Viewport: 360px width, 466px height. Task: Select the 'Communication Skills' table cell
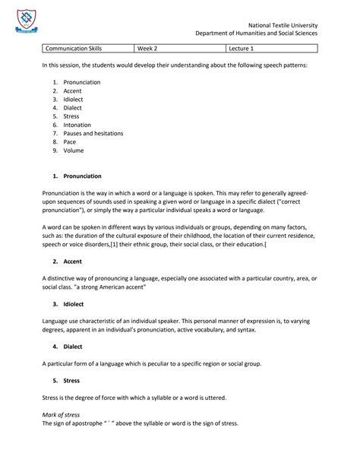click(x=74, y=49)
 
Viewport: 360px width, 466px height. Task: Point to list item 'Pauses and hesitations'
click(x=93, y=133)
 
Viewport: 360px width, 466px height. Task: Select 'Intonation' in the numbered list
click(x=77, y=125)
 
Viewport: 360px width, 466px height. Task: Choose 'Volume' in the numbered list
click(x=74, y=151)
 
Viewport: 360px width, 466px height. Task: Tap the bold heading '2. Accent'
click(x=67, y=261)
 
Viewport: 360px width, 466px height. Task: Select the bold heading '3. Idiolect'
click(x=68, y=303)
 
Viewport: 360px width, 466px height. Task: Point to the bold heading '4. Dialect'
click(x=68, y=346)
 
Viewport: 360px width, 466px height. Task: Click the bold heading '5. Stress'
click(x=66, y=379)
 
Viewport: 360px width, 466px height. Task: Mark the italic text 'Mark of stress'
click(x=65, y=414)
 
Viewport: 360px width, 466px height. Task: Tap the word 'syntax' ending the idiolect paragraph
click(x=246, y=329)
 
